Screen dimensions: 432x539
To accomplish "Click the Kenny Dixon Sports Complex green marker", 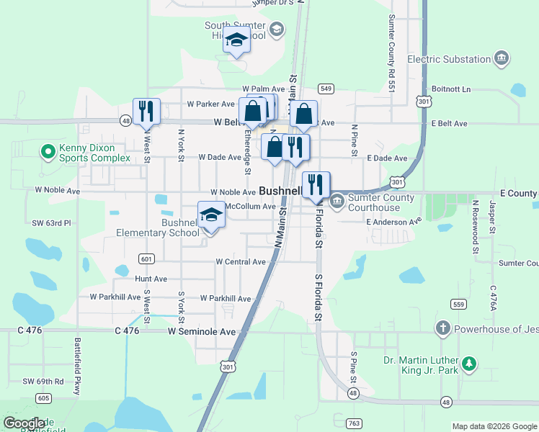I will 48,152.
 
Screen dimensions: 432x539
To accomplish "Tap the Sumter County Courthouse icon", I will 337,198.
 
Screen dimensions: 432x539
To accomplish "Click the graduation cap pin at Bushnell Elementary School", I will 210,215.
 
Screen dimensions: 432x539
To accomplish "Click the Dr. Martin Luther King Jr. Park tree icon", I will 470,364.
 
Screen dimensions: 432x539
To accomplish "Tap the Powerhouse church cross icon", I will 443,329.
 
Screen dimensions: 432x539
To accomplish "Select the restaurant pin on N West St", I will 146,111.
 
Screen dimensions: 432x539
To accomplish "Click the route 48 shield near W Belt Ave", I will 126,122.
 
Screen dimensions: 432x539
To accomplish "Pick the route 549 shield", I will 326,89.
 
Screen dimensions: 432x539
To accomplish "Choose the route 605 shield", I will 43,398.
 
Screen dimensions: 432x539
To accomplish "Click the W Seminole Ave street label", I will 202,332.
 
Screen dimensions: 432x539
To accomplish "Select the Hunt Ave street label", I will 151,279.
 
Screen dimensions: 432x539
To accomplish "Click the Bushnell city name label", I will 280,192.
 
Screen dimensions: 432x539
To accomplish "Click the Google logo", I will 24,423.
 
